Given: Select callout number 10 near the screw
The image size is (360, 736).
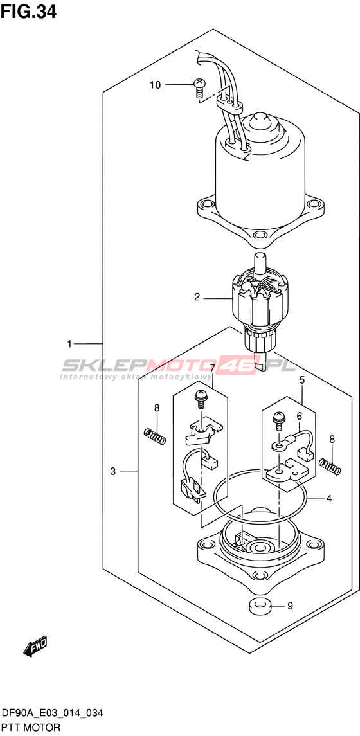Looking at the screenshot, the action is pyautogui.click(x=155, y=85).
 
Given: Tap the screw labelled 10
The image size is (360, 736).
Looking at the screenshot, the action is pyautogui.click(x=199, y=88).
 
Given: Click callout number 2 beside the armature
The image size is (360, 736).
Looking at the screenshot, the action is pyautogui.click(x=197, y=297).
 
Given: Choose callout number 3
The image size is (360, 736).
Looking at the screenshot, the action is pyautogui.click(x=113, y=471).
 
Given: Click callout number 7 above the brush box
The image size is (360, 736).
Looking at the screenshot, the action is pyautogui.click(x=212, y=368).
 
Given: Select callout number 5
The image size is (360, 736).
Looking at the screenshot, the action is pyautogui.click(x=301, y=381).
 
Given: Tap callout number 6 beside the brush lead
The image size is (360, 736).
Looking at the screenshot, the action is pyautogui.click(x=298, y=417).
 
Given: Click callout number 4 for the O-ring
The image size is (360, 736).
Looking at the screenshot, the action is pyautogui.click(x=329, y=499).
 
